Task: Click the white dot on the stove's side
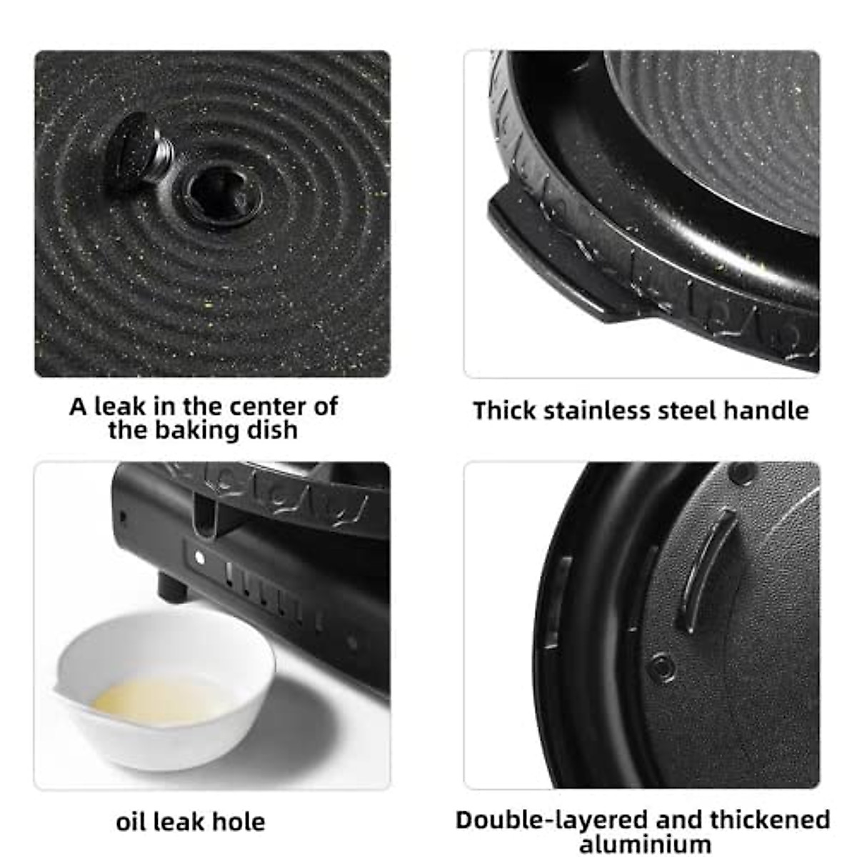(200, 558)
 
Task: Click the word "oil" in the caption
(131, 822)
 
